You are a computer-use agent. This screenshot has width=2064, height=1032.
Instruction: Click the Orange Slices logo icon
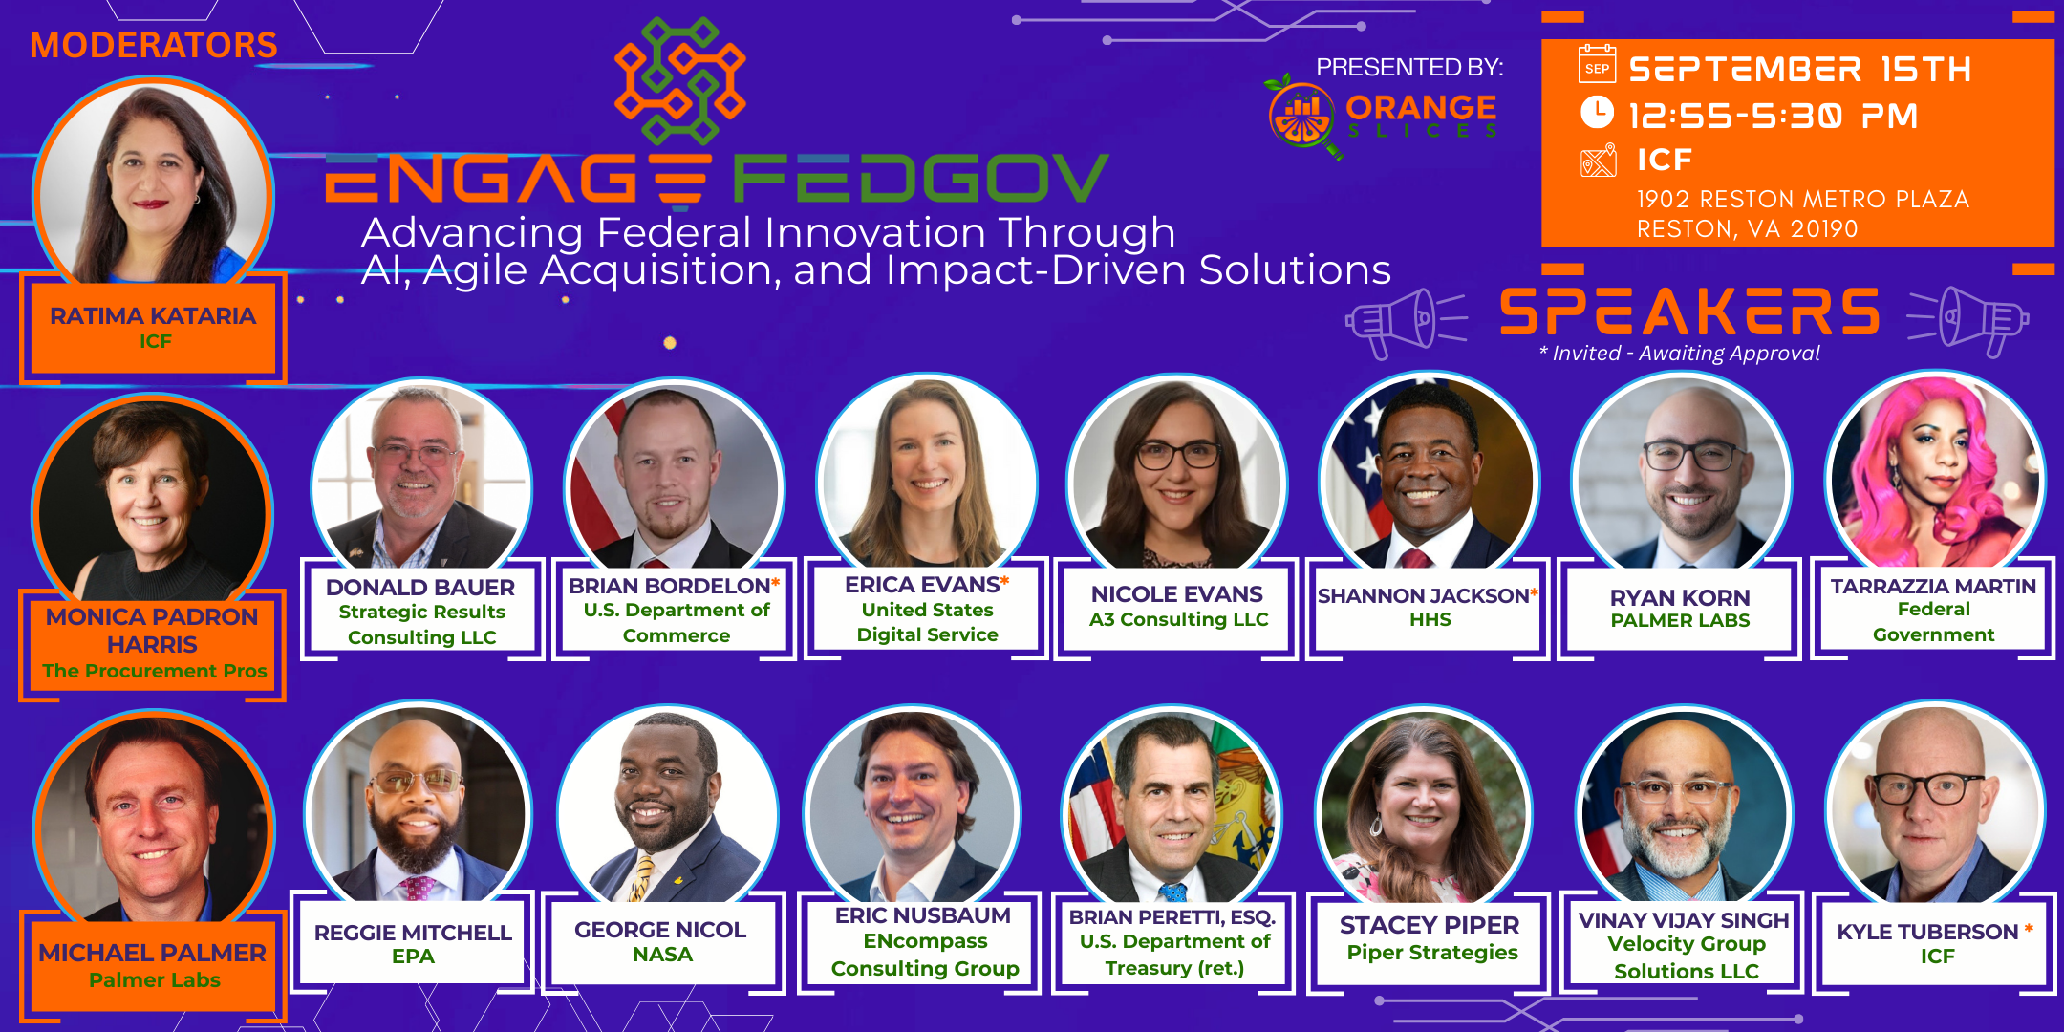click(x=1301, y=117)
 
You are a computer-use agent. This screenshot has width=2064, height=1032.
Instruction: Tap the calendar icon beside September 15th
click(x=1597, y=64)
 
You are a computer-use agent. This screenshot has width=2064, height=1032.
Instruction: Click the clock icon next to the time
click(x=1597, y=112)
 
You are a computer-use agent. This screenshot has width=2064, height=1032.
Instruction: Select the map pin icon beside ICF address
click(x=1598, y=160)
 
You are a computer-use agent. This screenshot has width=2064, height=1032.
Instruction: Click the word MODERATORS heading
click(x=154, y=45)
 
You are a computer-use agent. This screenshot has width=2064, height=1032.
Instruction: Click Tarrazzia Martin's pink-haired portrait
click(x=1935, y=473)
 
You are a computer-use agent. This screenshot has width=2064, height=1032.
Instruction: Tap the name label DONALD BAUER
click(x=420, y=587)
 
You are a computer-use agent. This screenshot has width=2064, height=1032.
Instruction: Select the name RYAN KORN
click(x=1680, y=597)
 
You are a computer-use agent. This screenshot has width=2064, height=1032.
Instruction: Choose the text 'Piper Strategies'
click(x=1432, y=952)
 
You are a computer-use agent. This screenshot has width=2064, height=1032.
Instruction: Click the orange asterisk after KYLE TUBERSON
click(x=2028, y=928)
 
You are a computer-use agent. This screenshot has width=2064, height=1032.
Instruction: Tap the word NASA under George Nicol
click(x=662, y=955)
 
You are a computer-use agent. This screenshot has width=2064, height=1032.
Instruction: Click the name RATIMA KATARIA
click(x=153, y=315)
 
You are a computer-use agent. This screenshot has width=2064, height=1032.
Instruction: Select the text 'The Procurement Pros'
click(x=155, y=671)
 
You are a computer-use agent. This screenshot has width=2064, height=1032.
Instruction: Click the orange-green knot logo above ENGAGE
click(x=680, y=81)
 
